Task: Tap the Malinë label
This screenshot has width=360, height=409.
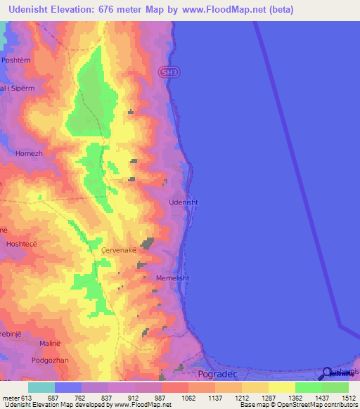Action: pos(32,344)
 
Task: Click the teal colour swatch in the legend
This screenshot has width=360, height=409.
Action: pos(41,387)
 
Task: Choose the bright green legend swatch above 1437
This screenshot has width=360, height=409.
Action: pos(308,387)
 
